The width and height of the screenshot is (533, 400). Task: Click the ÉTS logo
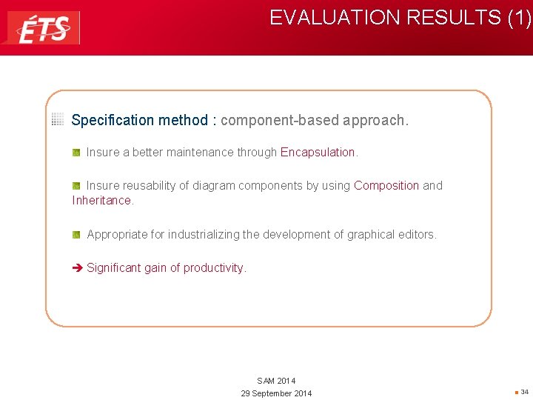[x=44, y=28]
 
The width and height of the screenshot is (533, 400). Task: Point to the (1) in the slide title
[x=519, y=18]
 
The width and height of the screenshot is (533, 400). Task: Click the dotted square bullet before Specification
[x=58, y=119]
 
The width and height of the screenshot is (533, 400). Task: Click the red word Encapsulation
[x=318, y=153]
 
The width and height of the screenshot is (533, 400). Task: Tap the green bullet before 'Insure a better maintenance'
[x=76, y=152]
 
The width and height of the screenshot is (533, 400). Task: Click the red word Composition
[x=386, y=186]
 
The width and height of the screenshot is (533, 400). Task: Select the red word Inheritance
[x=101, y=201]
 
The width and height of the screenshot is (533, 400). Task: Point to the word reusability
[x=155, y=186]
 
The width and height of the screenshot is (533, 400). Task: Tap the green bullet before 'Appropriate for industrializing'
[x=76, y=234]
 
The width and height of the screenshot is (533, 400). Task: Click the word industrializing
[x=203, y=235]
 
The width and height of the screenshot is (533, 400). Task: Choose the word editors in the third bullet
[x=417, y=235]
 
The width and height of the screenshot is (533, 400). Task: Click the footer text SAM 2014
[x=276, y=381]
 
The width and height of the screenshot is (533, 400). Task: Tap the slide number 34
[x=524, y=392]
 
